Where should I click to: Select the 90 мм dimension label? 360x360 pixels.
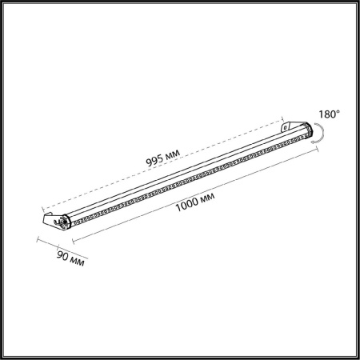[x=70, y=258]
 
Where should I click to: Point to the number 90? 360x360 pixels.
[x=62, y=256]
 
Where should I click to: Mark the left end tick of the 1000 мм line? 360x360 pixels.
[x=73, y=239]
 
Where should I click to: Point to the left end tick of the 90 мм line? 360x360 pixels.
[x=37, y=239]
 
